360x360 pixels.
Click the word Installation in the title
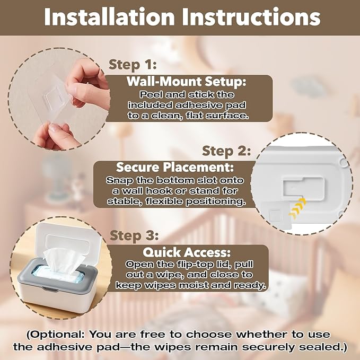pos(109,17)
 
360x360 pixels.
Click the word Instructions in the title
pos(251,17)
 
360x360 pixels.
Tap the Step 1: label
pos(133,65)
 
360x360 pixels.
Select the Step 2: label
pos(226,151)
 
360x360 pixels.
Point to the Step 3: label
pos(134,235)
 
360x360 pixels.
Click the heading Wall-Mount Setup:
pos(186,81)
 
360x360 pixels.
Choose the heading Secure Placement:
pos(175,167)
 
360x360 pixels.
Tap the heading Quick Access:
pos(187,252)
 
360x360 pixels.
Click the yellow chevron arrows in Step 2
pos(298,208)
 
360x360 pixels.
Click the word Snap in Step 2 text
pos(119,181)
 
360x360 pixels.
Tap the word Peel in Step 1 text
pos(151,94)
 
